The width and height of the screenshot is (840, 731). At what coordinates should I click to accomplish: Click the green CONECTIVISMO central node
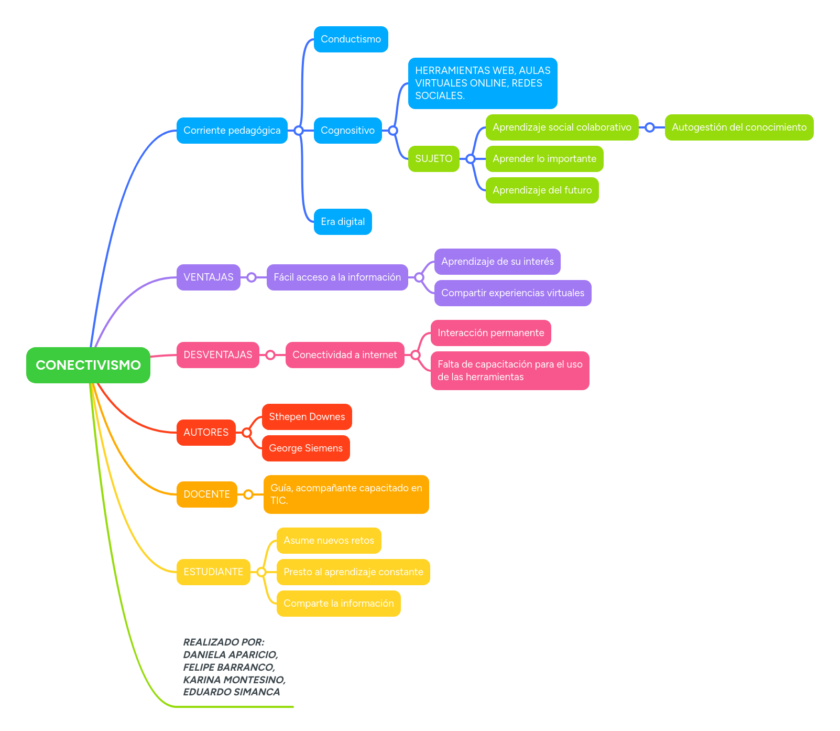coord(88,365)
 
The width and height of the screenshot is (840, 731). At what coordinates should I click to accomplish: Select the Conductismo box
coord(351,39)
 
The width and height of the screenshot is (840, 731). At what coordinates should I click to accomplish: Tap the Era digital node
coord(343,222)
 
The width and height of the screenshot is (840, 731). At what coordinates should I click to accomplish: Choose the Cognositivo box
coord(347,131)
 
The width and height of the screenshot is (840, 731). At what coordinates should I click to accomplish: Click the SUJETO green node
coord(433,159)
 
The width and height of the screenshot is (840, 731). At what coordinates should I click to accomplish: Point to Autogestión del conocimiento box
coord(739,127)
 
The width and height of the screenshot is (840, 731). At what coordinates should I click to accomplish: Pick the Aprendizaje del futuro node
coord(542,190)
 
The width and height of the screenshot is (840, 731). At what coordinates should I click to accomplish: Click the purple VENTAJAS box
coord(208,277)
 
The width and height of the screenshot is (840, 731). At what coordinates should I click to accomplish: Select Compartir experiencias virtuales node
coord(512,293)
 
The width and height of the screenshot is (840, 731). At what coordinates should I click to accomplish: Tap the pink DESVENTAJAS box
coord(217,355)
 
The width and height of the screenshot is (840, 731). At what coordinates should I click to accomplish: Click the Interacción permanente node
coord(490,333)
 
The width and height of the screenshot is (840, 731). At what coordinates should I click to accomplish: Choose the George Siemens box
coord(306,448)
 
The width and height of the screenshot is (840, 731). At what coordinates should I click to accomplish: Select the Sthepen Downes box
coord(307,417)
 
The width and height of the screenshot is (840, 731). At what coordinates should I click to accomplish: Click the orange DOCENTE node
coord(206,494)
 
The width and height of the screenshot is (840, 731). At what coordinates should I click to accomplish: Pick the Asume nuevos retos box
coord(329,541)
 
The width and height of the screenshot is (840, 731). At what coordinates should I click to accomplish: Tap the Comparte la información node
coord(339,604)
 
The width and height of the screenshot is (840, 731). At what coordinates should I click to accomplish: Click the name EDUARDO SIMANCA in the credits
coord(231,692)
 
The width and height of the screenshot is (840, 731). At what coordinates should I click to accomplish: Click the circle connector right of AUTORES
coord(247,433)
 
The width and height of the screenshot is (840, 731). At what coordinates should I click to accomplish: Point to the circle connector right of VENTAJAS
coord(252,277)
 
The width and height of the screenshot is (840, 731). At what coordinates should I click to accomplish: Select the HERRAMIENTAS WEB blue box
coord(482,83)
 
